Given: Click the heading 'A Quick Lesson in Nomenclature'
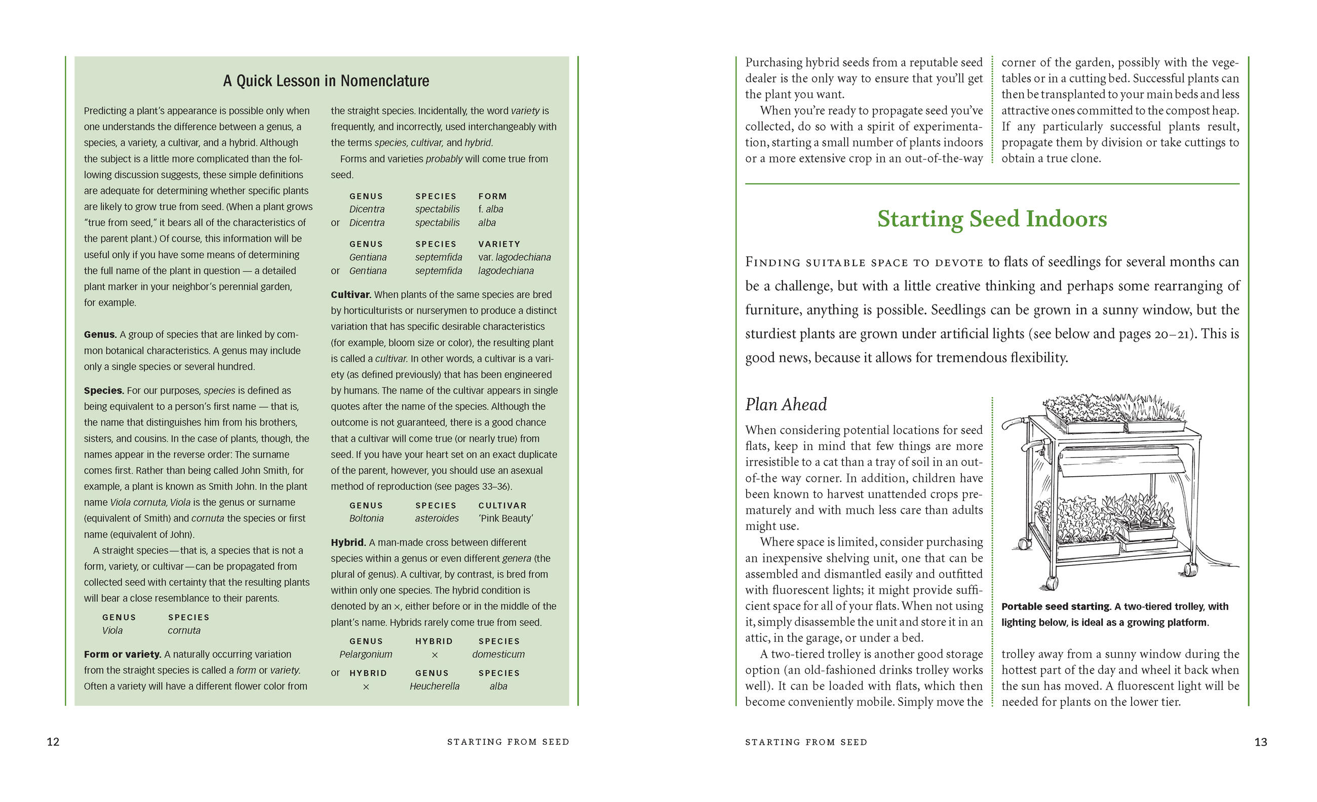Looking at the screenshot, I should pos(326,81).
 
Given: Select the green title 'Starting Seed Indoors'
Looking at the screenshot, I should pos(992,219).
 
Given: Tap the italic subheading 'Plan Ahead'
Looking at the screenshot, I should pos(786,404).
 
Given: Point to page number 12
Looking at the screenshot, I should pos(53,742).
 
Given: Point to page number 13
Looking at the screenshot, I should pos(1260,742).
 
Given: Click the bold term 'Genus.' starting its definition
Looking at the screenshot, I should pos(100,335).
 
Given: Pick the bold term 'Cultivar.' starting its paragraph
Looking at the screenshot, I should pos(351,294).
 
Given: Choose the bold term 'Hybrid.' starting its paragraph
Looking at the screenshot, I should pos(348,542).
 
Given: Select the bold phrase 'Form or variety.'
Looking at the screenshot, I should pos(123,654).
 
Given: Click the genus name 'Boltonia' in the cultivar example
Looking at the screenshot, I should pos(366,518).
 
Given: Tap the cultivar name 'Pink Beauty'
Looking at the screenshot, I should pos(506,518).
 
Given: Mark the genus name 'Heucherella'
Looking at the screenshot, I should pos(434,686).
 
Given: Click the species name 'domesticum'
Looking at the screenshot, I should pos(498,654).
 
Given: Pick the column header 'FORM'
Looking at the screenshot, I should pos(492,196).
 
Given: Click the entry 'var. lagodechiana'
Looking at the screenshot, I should pos(514,257).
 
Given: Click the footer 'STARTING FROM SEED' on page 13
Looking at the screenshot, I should pos(806,742).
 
